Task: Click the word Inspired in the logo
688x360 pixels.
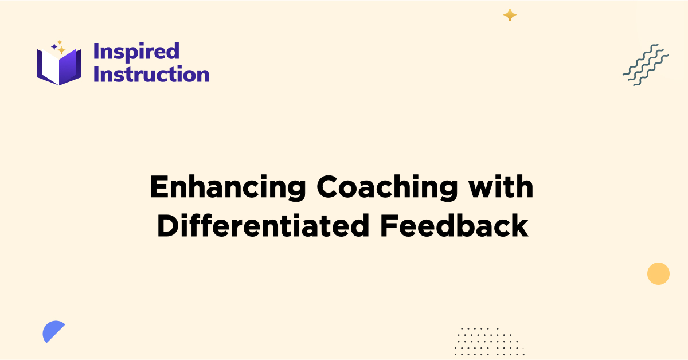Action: (x=136, y=52)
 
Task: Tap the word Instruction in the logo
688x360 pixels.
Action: (x=151, y=75)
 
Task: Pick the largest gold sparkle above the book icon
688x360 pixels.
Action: (x=61, y=50)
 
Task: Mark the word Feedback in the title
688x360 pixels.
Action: (x=454, y=226)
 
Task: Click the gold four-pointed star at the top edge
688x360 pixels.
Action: (x=510, y=15)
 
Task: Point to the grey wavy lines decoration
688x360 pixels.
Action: (x=646, y=64)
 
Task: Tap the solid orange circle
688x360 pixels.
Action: (x=658, y=273)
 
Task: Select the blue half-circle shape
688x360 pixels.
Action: (x=52, y=331)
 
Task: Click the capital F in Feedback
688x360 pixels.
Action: (x=386, y=226)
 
